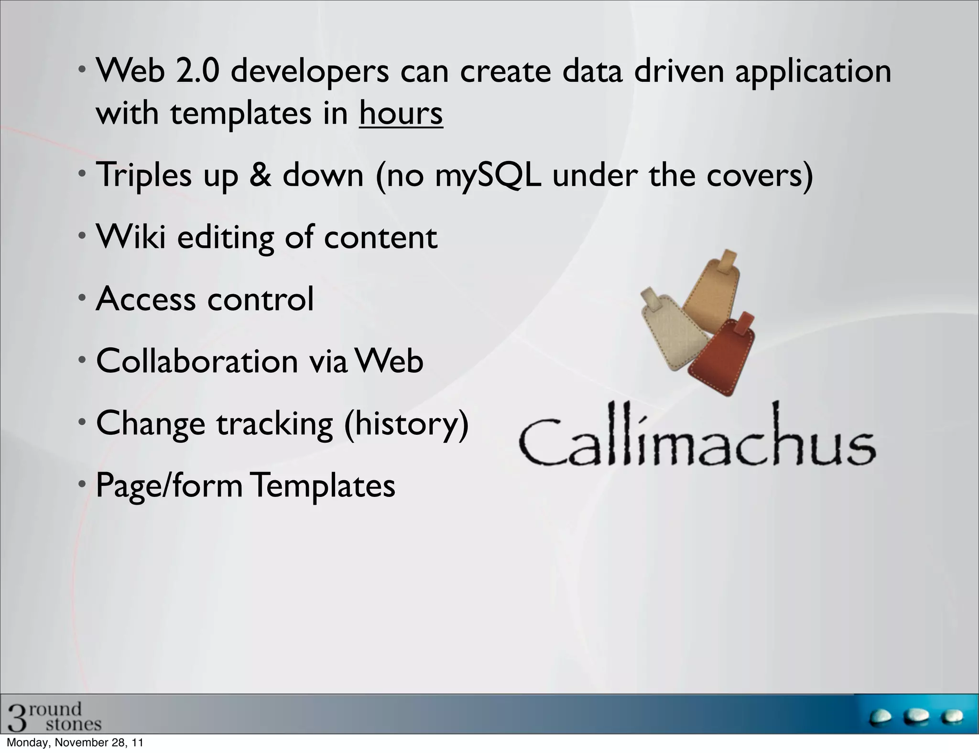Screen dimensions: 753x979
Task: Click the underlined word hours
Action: tap(401, 114)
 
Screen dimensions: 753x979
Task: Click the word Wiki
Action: tap(131, 237)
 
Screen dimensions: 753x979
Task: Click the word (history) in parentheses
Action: tap(407, 424)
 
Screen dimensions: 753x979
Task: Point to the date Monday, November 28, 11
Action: tap(75, 743)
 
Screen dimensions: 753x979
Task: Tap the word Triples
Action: tap(144, 176)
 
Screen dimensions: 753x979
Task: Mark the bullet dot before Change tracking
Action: tap(82, 422)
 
